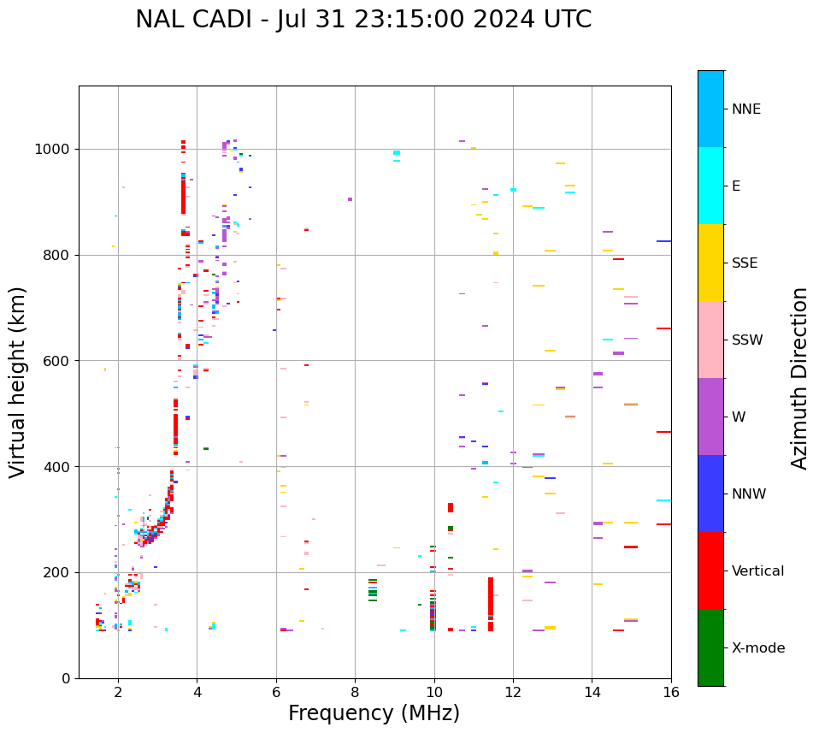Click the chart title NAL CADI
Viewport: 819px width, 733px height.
[x=362, y=20]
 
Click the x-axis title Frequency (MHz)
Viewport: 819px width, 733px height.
[x=374, y=713]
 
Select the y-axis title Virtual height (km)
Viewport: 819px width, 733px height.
[x=18, y=381]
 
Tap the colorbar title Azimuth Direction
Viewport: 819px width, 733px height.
[x=799, y=378]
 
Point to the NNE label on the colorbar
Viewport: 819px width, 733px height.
[x=745, y=109]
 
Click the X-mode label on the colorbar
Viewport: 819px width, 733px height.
[x=757, y=648]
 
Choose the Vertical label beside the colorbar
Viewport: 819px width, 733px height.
[x=757, y=571]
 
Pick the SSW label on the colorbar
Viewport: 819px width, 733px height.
[x=747, y=340]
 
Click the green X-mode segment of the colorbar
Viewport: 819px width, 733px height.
[x=710, y=647]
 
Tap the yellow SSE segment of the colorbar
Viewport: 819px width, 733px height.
[x=710, y=263]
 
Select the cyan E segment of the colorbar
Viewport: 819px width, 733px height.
[x=710, y=186]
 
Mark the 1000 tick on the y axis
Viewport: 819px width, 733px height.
[x=55, y=150]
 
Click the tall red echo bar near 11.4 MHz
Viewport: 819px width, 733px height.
[x=491, y=603]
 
